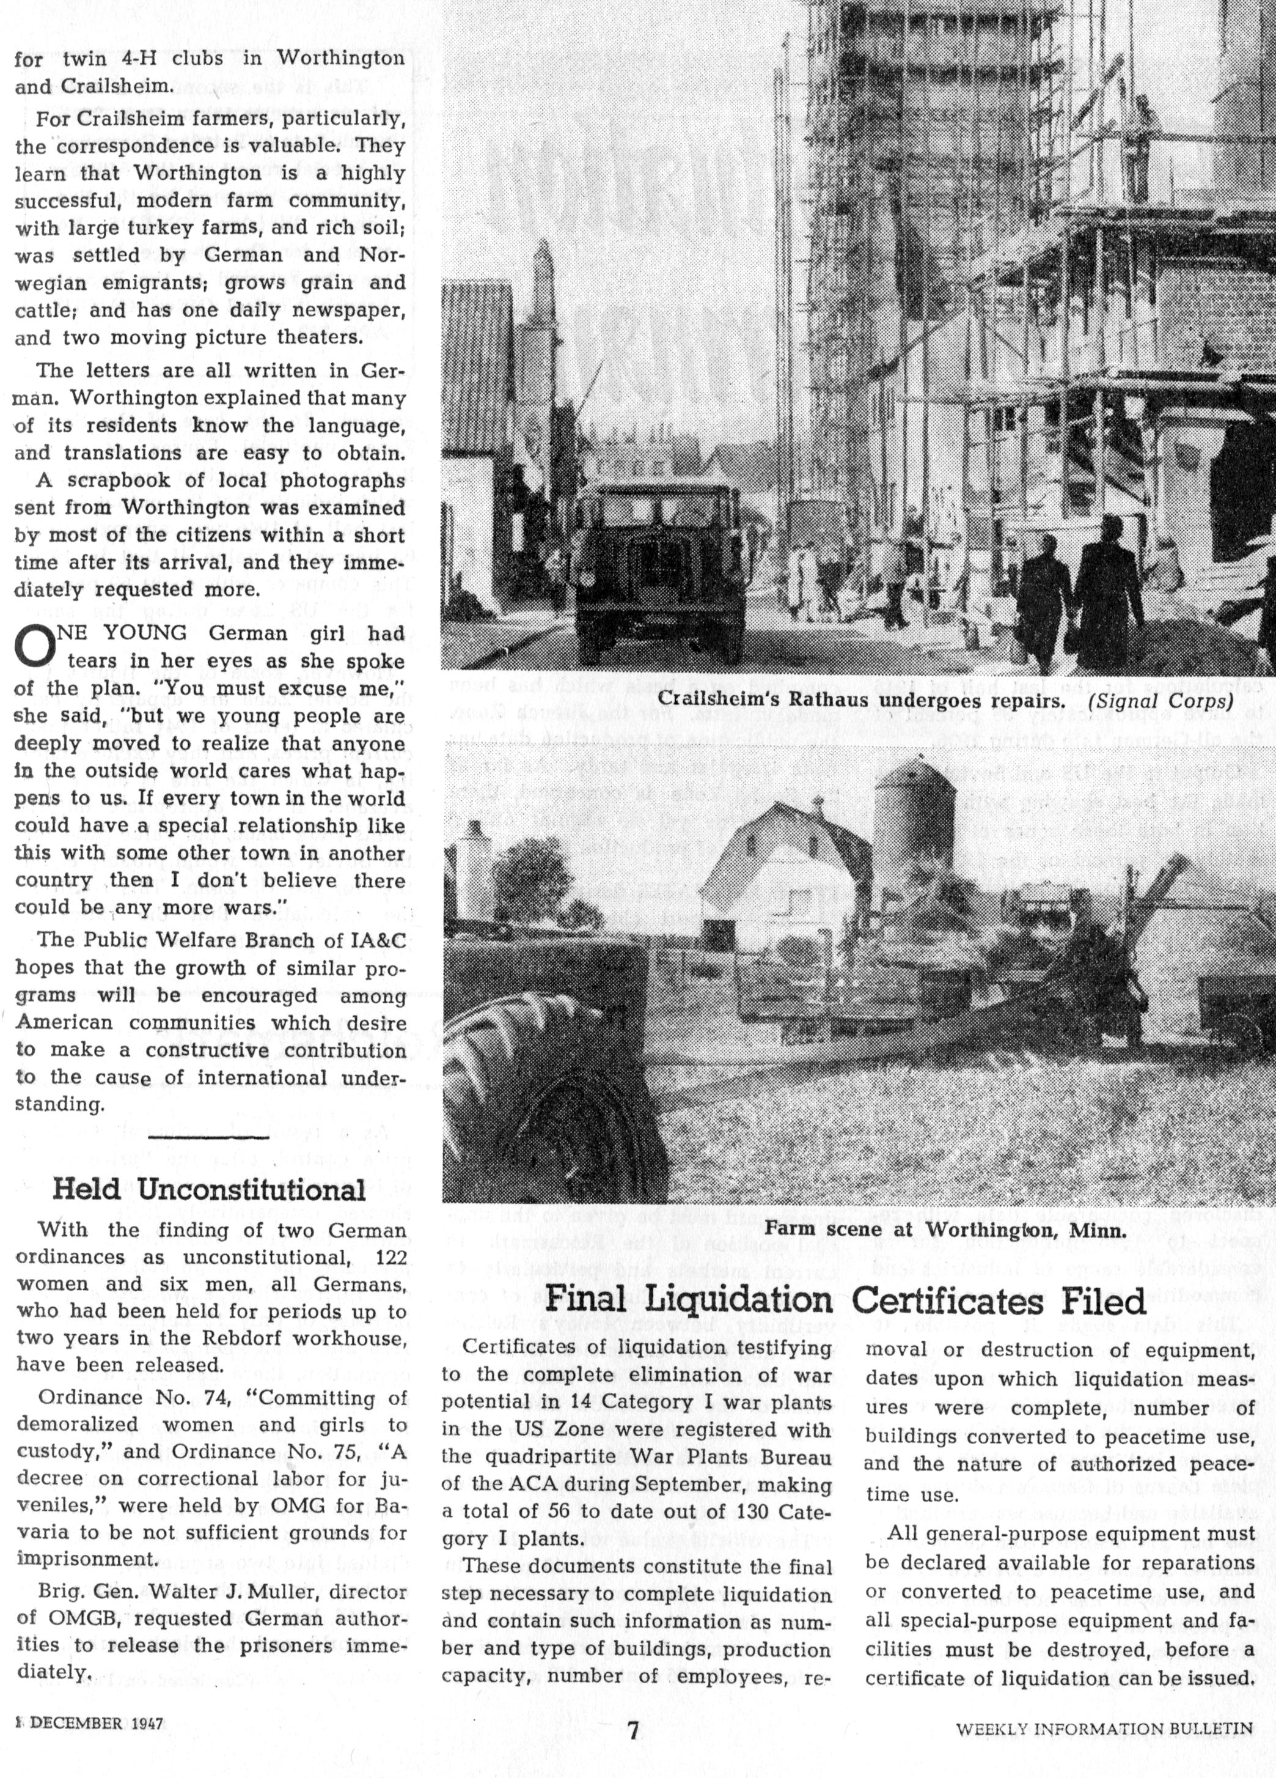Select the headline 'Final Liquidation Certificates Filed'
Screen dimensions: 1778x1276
(x=845, y=1300)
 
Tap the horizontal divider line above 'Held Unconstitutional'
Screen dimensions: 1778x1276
(x=208, y=1136)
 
